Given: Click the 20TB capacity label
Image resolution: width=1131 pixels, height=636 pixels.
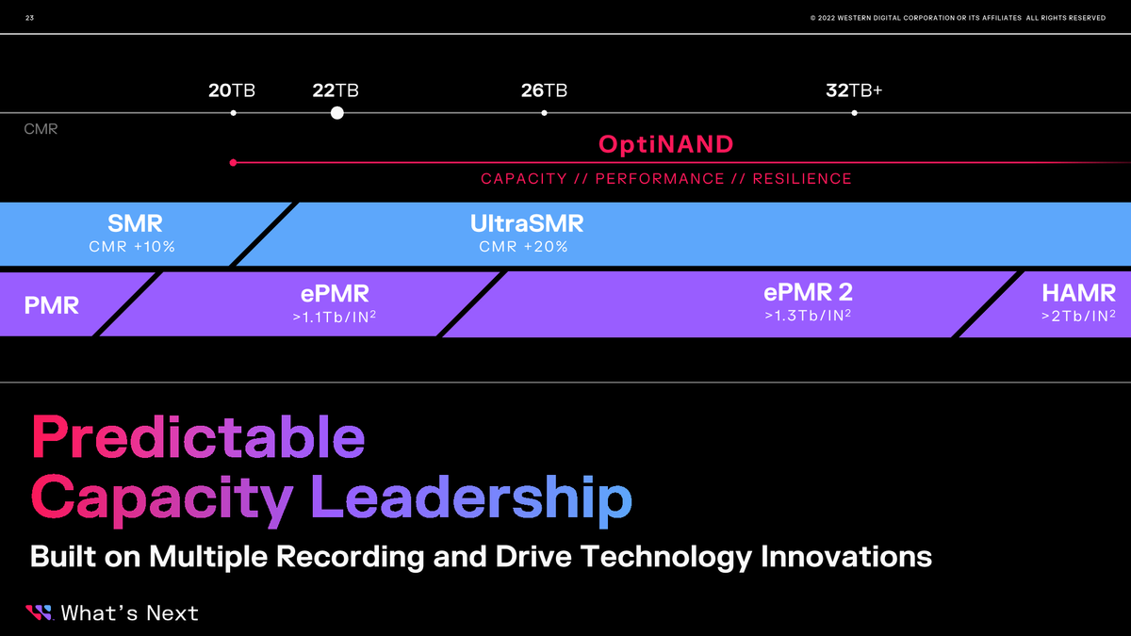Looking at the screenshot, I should click(232, 91).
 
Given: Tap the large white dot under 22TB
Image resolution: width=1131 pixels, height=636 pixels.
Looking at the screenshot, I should click(337, 113).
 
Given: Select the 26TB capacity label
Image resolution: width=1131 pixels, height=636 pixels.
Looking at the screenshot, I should click(544, 91).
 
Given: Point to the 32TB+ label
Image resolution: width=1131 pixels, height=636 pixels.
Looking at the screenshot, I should click(854, 91).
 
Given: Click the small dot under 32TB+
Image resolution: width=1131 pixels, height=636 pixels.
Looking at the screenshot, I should click(854, 113).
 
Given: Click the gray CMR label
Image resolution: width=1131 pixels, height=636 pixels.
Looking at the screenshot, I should click(41, 129).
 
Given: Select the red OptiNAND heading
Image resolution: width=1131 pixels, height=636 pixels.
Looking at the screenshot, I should click(665, 145).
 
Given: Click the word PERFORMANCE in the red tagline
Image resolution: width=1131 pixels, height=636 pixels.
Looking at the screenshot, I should click(660, 179).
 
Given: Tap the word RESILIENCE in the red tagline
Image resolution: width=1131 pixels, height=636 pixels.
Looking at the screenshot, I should click(801, 179).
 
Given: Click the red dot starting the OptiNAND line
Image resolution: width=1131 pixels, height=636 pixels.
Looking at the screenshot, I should click(233, 163).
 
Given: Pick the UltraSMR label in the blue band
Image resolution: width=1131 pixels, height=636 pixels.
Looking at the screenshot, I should click(527, 224).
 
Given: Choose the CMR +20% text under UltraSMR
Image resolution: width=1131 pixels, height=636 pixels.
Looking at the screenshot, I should click(523, 247).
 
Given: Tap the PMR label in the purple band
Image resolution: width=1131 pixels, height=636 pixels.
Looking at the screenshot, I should click(53, 305).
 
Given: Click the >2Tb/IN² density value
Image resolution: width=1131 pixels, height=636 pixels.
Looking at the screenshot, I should click(1078, 317).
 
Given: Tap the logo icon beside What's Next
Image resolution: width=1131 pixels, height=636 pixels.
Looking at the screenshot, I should click(40, 613).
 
